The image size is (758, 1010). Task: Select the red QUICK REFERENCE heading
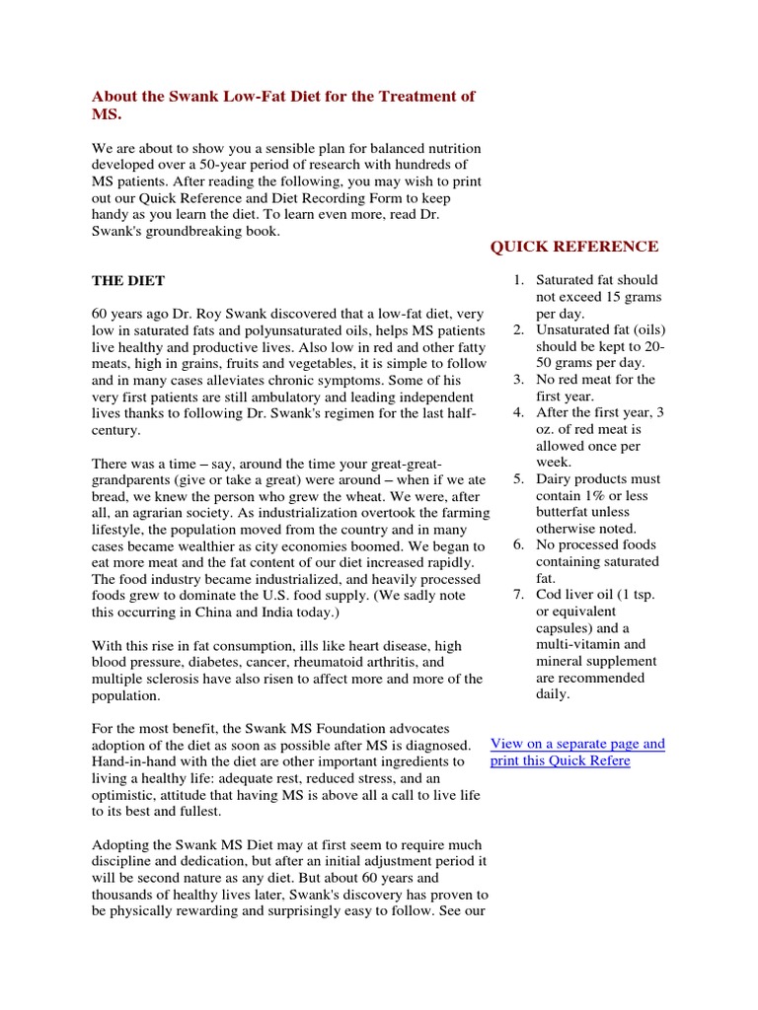point(574,247)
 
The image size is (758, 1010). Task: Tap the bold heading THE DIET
point(128,281)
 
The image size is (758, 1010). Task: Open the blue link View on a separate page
point(577,744)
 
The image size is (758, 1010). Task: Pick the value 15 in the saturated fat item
point(616,297)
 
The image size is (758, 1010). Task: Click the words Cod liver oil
point(578,595)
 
